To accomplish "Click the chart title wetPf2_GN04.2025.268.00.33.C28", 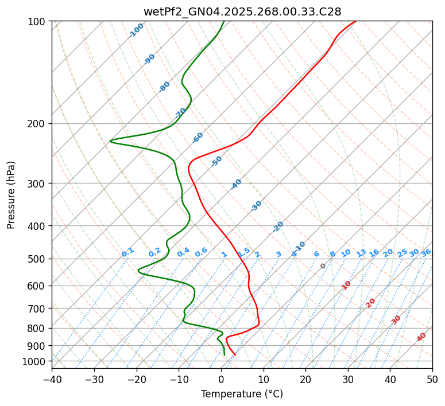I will click(242, 11).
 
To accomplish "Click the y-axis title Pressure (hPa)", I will click(11, 195).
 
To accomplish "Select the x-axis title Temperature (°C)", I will click(242, 395).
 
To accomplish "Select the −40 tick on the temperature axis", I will click(52, 380).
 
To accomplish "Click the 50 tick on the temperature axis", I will click(432, 380).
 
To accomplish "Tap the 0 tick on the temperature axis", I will click(221, 380).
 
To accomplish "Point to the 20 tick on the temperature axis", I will click(305, 380).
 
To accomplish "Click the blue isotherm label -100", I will click(137, 30).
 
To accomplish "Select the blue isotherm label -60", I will click(198, 138).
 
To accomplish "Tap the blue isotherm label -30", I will click(256, 206).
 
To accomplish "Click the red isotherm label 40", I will click(421, 337).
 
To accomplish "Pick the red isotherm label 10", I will click(346, 285).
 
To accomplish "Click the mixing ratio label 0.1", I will click(127, 252).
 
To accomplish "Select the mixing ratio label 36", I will click(426, 252).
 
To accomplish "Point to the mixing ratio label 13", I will click(361, 253).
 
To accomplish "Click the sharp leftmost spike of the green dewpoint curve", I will click(110, 140).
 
